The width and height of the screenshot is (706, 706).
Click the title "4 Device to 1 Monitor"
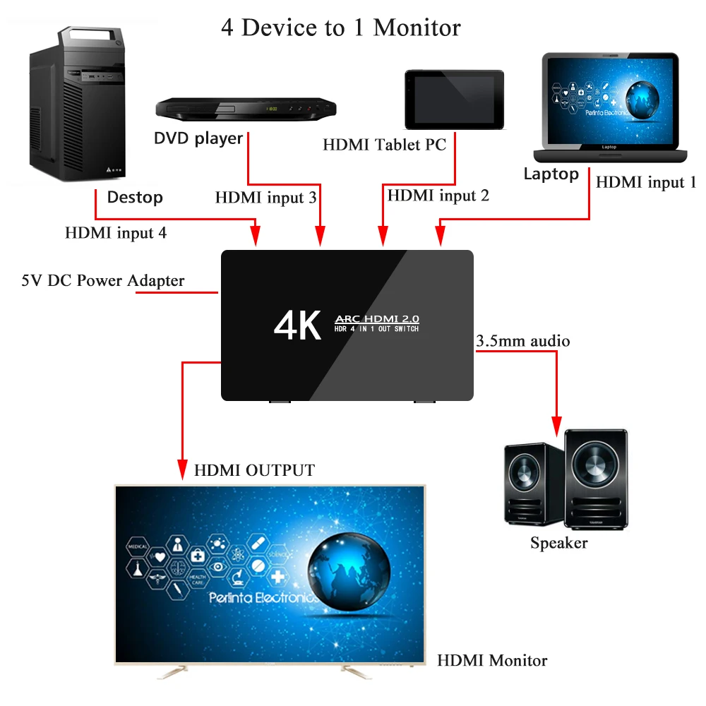(x=341, y=28)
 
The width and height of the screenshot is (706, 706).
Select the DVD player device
(x=246, y=108)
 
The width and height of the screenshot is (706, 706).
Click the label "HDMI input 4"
(x=116, y=232)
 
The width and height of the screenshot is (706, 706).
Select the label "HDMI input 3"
(x=265, y=198)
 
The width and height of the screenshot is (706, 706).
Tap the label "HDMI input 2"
(x=438, y=195)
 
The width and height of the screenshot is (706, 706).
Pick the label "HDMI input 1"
(x=646, y=182)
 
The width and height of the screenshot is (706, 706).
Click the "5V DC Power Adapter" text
(x=103, y=280)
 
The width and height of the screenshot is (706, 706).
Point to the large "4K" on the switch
(x=297, y=325)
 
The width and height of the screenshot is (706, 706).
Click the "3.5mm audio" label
(x=523, y=341)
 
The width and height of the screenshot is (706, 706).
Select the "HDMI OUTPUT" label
(x=255, y=470)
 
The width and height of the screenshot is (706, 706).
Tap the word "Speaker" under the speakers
(x=559, y=543)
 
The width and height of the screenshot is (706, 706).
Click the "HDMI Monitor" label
(x=492, y=661)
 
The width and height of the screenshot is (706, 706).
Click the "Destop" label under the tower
(x=135, y=197)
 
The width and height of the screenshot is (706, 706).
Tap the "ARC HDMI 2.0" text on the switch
(x=376, y=319)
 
